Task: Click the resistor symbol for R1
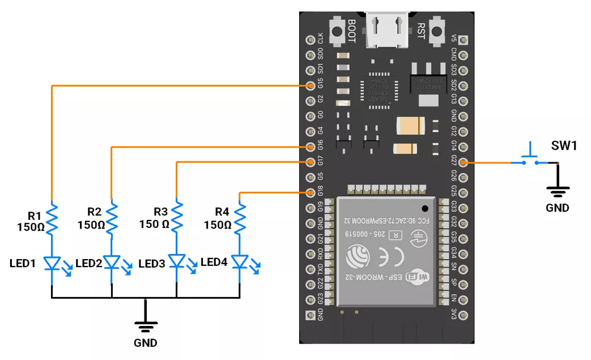coord(52,220)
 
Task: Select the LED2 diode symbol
coord(112,262)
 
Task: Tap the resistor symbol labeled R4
coord(240,220)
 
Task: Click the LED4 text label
coord(214,262)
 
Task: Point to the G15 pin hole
coord(310,86)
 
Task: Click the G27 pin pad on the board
coord(464,163)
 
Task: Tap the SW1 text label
coord(564,146)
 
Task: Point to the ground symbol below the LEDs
coord(146,326)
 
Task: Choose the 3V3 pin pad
coord(464,315)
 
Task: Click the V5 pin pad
coord(464,40)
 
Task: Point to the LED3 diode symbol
coord(177,262)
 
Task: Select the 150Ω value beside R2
coord(91,225)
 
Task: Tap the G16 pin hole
coord(310,147)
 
